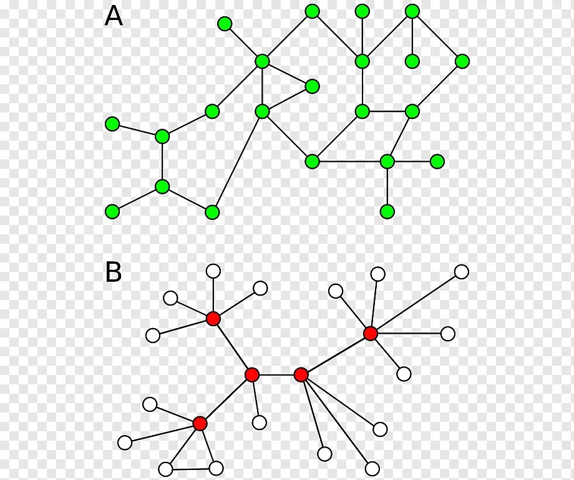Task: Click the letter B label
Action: tap(114, 272)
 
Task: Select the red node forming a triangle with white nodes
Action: tap(200, 423)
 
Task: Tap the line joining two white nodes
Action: tap(190, 468)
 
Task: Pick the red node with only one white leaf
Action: tap(251, 374)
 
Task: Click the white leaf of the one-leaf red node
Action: tap(260, 422)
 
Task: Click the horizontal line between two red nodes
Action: tap(276, 374)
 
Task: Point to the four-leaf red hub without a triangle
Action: tap(213, 319)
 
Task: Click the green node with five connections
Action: tap(262, 61)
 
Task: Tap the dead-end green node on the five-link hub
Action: tap(225, 24)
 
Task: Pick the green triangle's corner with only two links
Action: tap(312, 86)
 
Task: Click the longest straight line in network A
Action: tap(237, 161)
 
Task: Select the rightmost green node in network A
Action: tap(462, 61)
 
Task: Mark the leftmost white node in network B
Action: tap(125, 442)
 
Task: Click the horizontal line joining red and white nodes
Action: tap(409, 333)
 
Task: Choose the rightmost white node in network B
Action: tap(462, 271)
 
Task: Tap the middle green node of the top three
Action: tap(362, 11)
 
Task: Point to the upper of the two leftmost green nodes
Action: tap(112, 124)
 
